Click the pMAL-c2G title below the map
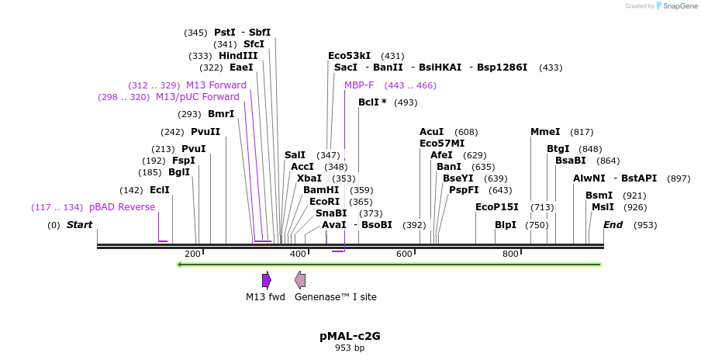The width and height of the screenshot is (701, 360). click(x=350, y=336)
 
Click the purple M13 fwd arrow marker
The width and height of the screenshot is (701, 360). click(x=266, y=280)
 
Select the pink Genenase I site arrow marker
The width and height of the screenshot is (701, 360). click(x=300, y=280)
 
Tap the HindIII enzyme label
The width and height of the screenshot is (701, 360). click(x=238, y=56)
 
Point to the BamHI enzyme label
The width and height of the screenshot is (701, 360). click(x=321, y=189)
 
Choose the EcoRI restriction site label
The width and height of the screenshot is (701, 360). click(x=325, y=201)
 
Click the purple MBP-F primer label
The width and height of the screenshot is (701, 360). click(x=359, y=85)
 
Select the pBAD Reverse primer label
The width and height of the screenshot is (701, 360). click(x=122, y=207)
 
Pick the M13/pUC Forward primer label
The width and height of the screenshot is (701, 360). click(x=198, y=97)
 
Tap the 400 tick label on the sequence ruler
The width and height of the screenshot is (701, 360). click(x=298, y=254)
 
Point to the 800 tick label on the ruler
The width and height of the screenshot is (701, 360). click(x=510, y=254)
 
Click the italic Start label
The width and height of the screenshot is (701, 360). click(x=79, y=225)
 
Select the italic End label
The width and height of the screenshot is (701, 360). click(x=613, y=225)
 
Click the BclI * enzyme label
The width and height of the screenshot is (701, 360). click(x=372, y=102)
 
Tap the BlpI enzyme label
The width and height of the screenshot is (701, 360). click(x=506, y=225)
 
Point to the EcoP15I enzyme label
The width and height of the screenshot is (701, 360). click(x=497, y=207)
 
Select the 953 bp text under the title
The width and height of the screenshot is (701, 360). click(x=350, y=348)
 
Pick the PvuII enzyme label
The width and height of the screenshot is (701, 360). click(x=205, y=132)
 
